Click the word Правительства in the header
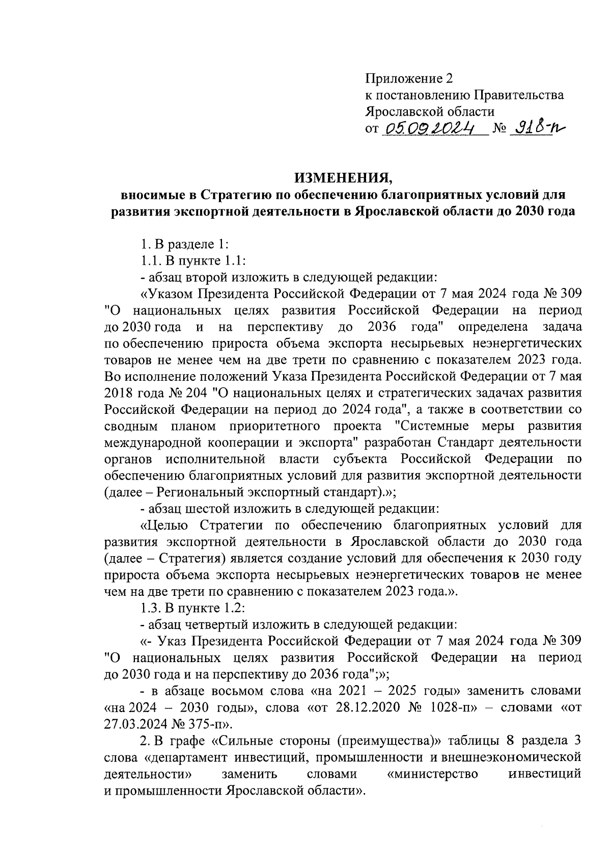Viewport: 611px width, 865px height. click(x=519, y=95)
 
